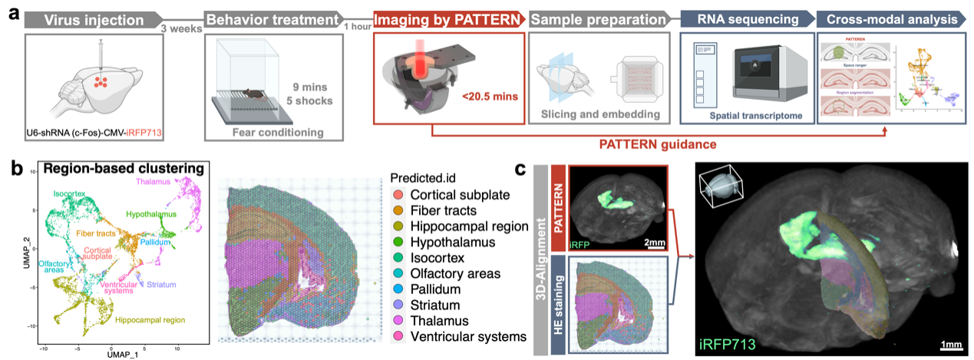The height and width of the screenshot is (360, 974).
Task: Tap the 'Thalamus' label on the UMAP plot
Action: coord(153,181)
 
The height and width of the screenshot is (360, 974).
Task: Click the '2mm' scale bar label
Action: coord(654,243)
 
